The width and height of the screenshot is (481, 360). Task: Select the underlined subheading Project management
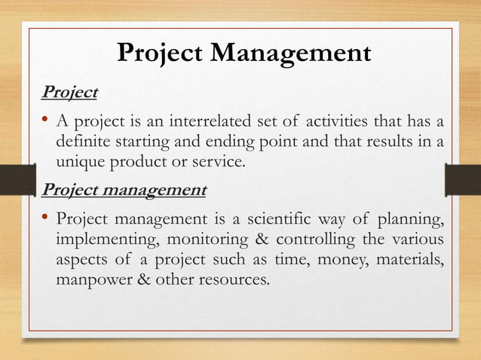(124, 189)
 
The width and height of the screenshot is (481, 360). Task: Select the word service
(220, 162)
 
